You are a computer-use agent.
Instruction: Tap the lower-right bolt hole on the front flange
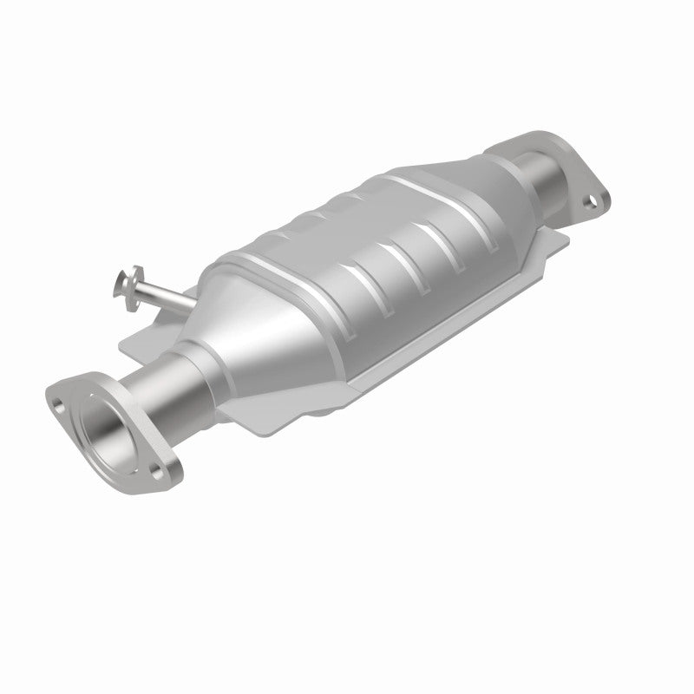(156, 470)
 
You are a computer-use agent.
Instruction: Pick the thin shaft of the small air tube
(156, 293)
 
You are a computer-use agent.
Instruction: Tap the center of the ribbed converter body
(364, 260)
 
